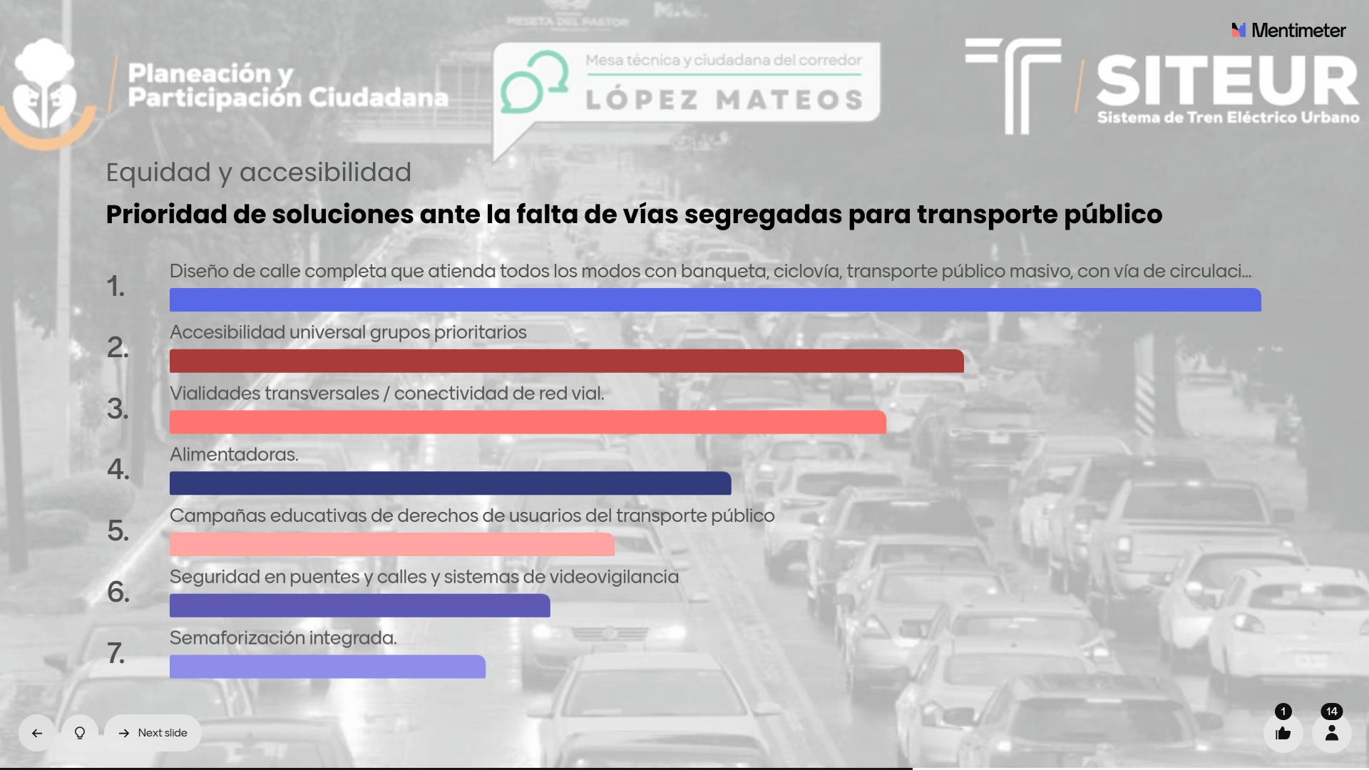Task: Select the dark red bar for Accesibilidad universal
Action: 566,361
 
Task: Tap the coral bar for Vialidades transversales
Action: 528,422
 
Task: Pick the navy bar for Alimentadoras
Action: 450,483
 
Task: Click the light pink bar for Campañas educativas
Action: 391,544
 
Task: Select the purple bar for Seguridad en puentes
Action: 359,605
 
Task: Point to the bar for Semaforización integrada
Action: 327,667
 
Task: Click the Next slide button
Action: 153,733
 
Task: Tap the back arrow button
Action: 37,733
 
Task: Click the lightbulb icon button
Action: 80,733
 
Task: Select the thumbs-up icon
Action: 1283,733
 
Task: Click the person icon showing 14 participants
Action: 1331,733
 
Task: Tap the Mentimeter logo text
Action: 1298,31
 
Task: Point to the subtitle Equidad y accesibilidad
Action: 258,172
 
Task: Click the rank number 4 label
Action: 118,469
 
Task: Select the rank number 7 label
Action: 116,653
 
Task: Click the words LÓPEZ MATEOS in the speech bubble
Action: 724,100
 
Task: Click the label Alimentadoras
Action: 234,454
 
